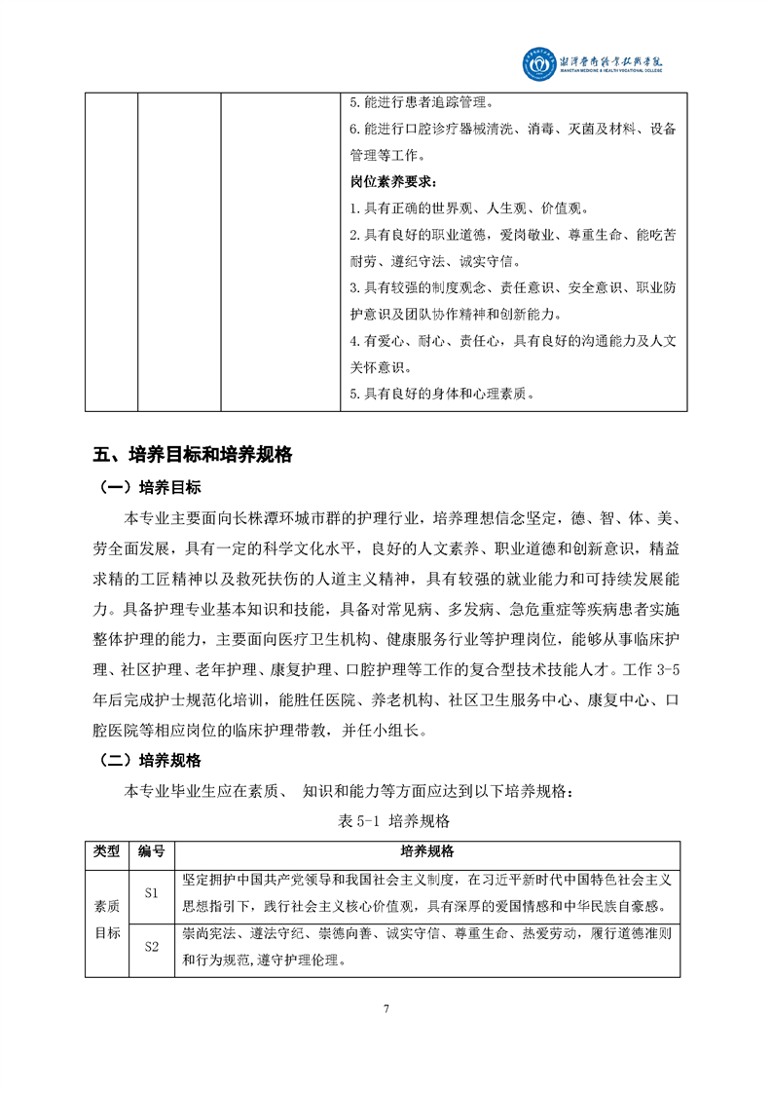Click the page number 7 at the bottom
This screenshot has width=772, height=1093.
click(386, 1008)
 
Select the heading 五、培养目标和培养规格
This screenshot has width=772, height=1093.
click(193, 454)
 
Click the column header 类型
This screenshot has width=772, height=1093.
click(106, 851)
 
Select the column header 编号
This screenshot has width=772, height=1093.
click(151, 851)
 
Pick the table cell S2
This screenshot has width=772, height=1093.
click(151, 946)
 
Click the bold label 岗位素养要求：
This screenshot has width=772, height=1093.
click(393, 182)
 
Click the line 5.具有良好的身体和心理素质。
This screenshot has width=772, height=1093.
click(443, 395)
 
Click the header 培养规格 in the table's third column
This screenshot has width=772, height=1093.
click(426, 851)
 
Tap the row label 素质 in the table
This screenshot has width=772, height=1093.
click(106, 906)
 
